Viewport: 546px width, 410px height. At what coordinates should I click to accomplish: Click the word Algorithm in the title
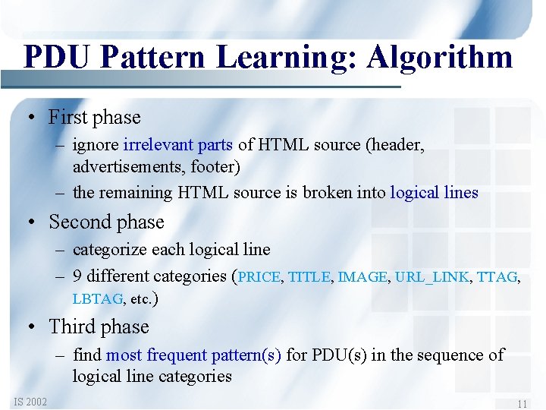point(440,57)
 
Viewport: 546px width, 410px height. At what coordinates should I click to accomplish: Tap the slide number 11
point(522,404)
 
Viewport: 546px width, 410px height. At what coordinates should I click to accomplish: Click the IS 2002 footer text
point(30,402)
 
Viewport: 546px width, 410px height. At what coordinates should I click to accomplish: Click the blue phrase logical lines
point(434,193)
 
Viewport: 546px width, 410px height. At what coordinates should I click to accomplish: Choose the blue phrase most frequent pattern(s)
point(193,355)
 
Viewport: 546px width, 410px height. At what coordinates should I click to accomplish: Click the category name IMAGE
point(362,277)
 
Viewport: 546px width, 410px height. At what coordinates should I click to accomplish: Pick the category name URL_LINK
point(431,277)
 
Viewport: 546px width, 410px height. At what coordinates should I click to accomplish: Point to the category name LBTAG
point(97,299)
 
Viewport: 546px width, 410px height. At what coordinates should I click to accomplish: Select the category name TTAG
point(497,277)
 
